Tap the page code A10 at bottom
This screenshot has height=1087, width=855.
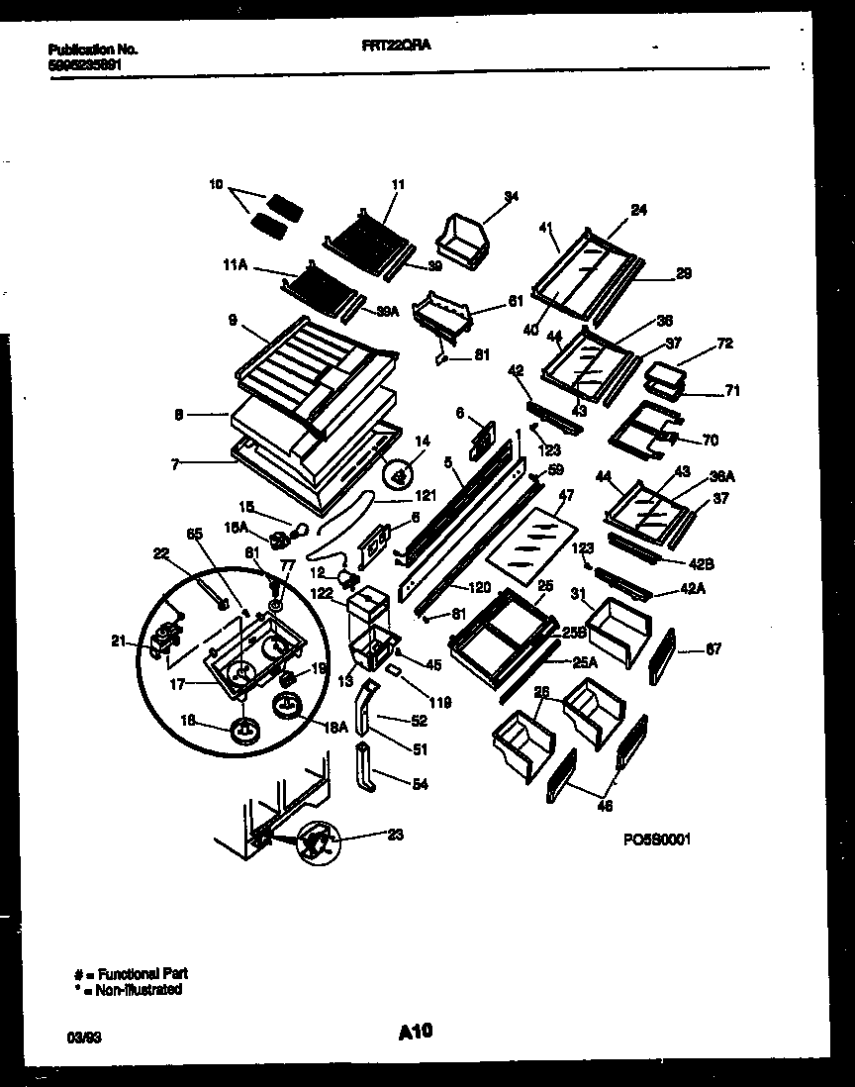tap(416, 1033)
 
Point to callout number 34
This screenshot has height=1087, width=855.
tap(512, 196)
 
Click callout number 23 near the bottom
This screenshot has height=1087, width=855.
tap(396, 834)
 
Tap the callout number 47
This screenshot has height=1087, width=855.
tap(566, 493)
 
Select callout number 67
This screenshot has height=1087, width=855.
tap(714, 649)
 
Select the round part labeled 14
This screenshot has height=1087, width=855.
tap(400, 477)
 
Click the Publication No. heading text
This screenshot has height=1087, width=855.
tap(93, 49)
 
